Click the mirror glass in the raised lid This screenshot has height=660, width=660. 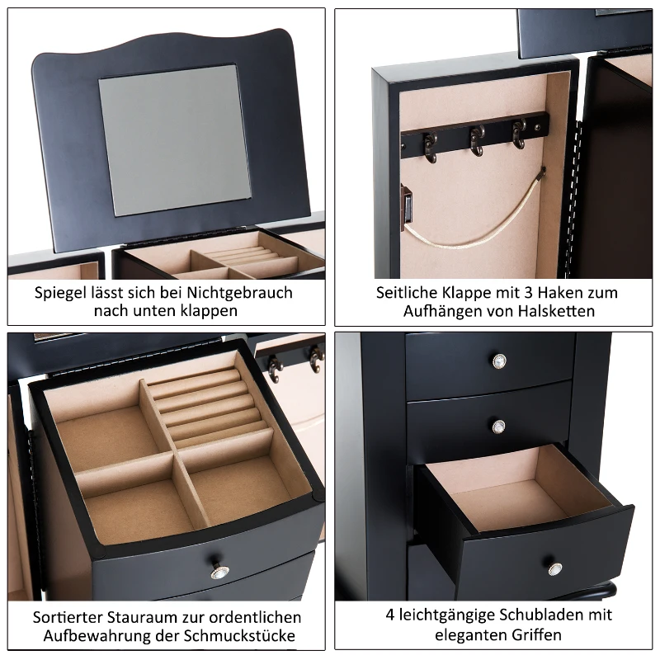coord(175,140)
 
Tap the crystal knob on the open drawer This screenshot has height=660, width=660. coord(555,568)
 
